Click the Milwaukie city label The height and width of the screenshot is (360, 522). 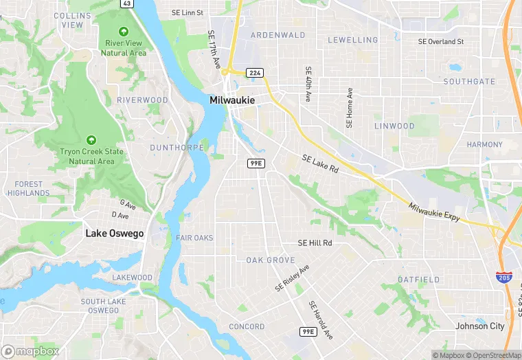pyautogui.click(x=231, y=100)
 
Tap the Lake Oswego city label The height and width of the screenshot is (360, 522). pyautogui.click(x=115, y=234)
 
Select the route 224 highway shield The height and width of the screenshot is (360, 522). pyautogui.click(x=255, y=72)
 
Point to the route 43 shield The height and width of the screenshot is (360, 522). pyautogui.click(x=127, y=3)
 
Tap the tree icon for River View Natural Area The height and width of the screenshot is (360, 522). pyautogui.click(x=124, y=32)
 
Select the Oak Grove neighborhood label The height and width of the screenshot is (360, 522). pyautogui.click(x=271, y=260)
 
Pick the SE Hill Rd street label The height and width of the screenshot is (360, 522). pyautogui.click(x=315, y=243)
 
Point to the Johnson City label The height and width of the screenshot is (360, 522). pyautogui.click(x=480, y=326)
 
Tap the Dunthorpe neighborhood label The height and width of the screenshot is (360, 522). pyautogui.click(x=177, y=148)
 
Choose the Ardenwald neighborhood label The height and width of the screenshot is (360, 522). pyautogui.click(x=277, y=35)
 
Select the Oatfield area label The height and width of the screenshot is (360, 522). pyautogui.click(x=419, y=280)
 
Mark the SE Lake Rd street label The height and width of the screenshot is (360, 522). pyautogui.click(x=320, y=164)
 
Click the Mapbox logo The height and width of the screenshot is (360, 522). pyautogui.click(x=30, y=351)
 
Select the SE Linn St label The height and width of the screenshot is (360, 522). pyautogui.click(x=188, y=12)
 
